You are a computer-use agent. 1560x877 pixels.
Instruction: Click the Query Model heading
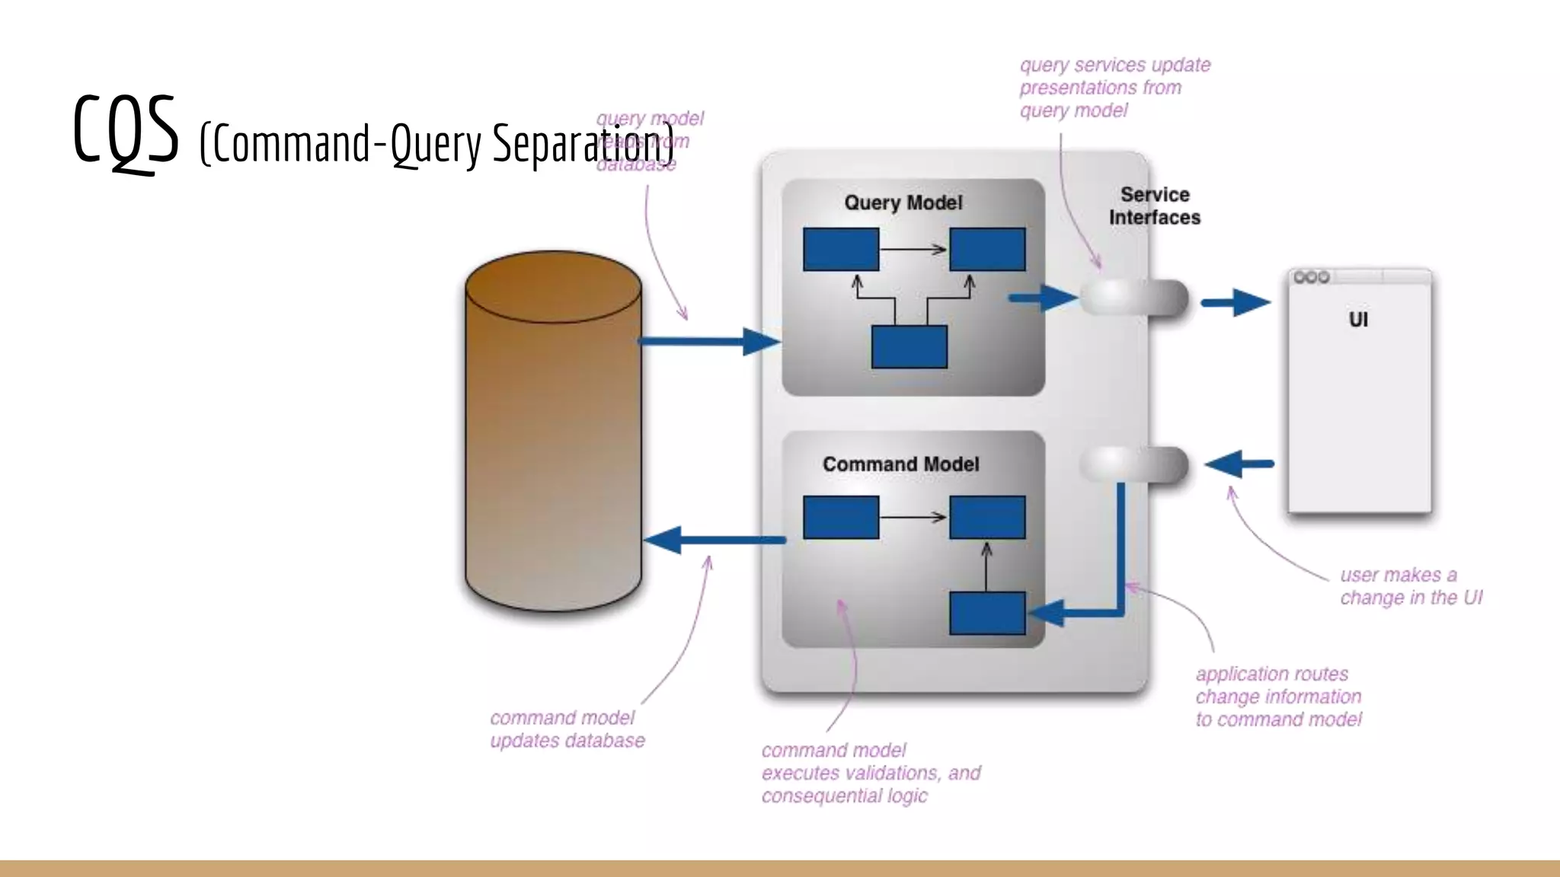[x=903, y=203]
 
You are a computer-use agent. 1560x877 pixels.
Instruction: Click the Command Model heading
[x=900, y=464]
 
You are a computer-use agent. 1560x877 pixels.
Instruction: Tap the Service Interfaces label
[x=1154, y=206]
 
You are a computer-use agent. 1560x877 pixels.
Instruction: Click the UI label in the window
[x=1358, y=319]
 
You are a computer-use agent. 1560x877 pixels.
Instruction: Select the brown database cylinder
[x=553, y=434]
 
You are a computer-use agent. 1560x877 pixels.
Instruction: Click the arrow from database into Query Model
[x=708, y=342]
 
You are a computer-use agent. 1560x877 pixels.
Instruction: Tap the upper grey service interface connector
[x=1134, y=298]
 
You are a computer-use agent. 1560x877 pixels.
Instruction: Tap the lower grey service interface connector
[x=1134, y=464]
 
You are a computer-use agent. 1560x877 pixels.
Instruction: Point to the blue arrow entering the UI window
[x=1236, y=302]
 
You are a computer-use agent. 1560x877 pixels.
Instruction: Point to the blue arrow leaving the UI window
[x=1239, y=464]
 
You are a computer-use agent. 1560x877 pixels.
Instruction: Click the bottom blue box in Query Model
[x=909, y=346]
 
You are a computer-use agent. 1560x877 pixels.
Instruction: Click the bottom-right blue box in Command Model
[x=987, y=613]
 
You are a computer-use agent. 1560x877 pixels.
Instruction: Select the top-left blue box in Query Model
[x=841, y=249]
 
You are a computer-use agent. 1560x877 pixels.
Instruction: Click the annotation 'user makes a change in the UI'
[x=1410, y=586]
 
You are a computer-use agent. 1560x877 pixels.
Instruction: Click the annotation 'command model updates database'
[x=567, y=729]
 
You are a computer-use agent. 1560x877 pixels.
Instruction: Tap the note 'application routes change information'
[x=1278, y=697]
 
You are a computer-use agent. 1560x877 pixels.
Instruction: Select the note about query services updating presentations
[x=1114, y=88]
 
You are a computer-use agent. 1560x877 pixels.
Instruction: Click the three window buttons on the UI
[x=1311, y=277]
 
